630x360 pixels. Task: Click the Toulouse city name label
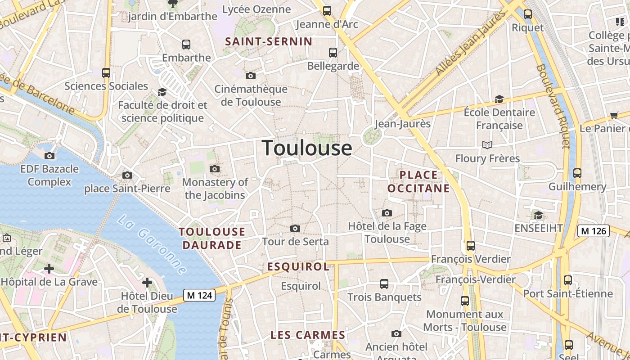tap(307, 148)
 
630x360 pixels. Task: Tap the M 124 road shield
tap(199, 295)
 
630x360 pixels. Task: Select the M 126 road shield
tap(594, 231)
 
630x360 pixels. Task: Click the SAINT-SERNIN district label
tap(269, 42)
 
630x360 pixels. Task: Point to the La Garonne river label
tap(152, 244)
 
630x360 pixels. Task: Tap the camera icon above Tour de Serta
tap(295, 229)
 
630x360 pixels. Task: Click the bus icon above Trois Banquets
tap(384, 284)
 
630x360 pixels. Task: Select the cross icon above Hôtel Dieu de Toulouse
tap(147, 283)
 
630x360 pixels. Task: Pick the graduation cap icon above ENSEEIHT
tap(538, 216)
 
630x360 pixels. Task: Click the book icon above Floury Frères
tap(487, 145)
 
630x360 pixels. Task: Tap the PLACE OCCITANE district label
tap(418, 182)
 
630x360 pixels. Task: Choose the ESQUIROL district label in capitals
tap(298, 267)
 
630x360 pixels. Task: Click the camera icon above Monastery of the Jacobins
tap(215, 169)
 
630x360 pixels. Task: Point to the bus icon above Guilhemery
tap(577, 173)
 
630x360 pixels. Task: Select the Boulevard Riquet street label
tap(553, 106)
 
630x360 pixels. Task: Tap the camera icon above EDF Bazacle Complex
tap(49, 156)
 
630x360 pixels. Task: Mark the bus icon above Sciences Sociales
tap(106, 73)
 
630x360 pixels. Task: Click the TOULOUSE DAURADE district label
tap(212, 238)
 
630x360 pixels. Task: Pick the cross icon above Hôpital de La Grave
tap(49, 269)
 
